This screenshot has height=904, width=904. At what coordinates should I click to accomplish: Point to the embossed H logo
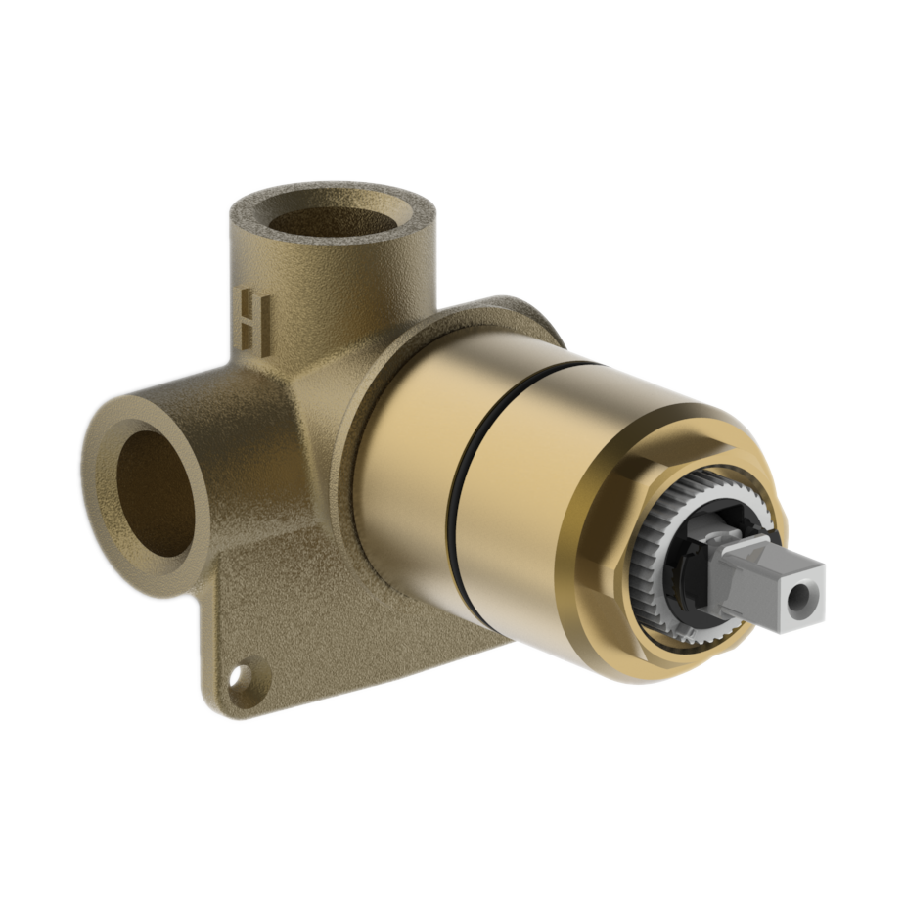tap(254, 318)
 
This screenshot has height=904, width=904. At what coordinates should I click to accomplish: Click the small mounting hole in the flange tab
tap(240, 677)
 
